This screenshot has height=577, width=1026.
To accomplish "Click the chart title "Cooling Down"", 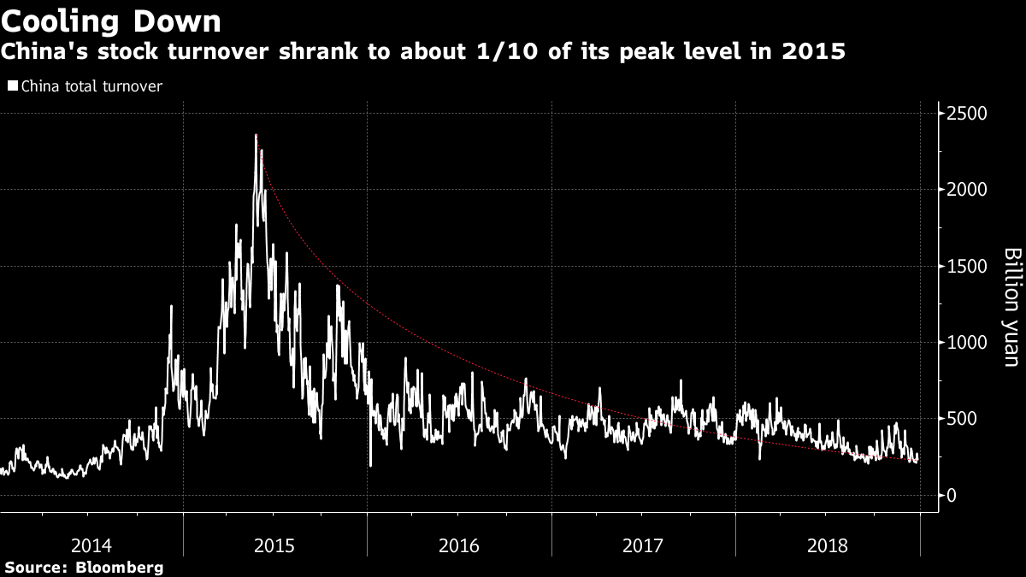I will [111, 21].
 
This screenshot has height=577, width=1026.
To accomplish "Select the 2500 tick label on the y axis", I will [968, 114].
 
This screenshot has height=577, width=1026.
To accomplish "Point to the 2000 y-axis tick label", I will [968, 190].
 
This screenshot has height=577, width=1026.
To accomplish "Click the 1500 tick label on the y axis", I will [968, 267].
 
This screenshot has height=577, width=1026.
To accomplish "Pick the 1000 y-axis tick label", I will [968, 343].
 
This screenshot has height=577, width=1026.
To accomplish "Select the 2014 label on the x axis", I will [91, 545].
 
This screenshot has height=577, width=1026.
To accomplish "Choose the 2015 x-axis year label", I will [275, 545].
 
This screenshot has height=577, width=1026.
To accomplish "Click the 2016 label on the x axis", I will [459, 545].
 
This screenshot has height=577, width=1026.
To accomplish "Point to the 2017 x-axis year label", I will [643, 545].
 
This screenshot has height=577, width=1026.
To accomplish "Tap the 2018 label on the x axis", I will [827, 545].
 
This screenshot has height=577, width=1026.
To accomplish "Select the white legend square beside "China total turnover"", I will [12, 86].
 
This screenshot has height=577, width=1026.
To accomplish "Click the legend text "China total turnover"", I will [91, 86].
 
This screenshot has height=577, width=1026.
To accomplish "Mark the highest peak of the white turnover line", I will [256, 135].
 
